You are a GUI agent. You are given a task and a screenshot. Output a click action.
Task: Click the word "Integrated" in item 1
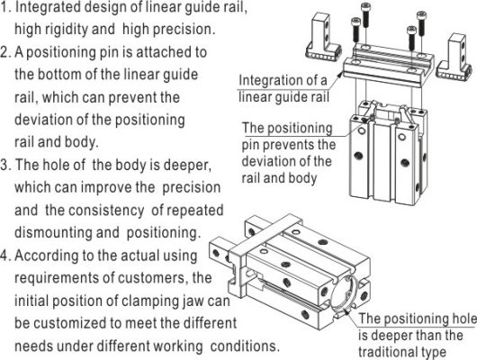coord(47,7)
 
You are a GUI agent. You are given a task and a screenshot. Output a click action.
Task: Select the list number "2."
coord(5,52)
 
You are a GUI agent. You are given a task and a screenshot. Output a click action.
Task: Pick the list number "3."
coord(5,165)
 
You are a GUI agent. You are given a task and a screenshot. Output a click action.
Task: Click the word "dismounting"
coord(53,232)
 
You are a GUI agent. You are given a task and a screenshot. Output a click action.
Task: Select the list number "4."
coord(5,256)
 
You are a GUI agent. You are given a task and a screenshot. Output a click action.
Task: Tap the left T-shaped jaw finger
coord(323,37)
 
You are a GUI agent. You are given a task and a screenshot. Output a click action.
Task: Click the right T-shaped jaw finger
coord(454,58)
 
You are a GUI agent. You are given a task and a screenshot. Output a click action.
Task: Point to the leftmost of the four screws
coord(355,30)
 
